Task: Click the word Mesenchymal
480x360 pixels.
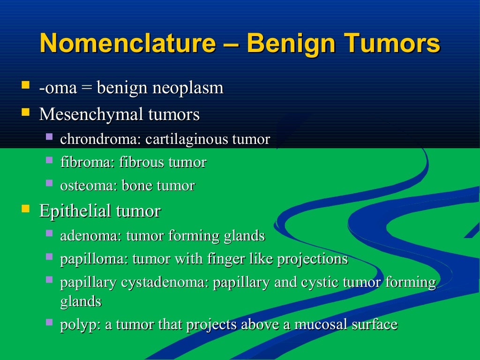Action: coord(91,114)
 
